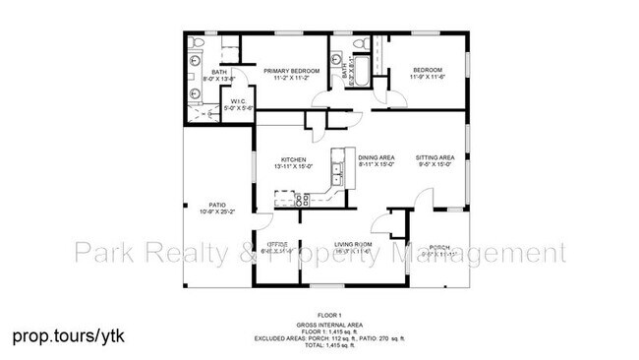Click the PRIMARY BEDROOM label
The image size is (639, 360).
287,70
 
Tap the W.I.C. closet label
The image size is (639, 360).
238,101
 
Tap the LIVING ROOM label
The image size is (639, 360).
352,244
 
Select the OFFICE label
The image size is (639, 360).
279,244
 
